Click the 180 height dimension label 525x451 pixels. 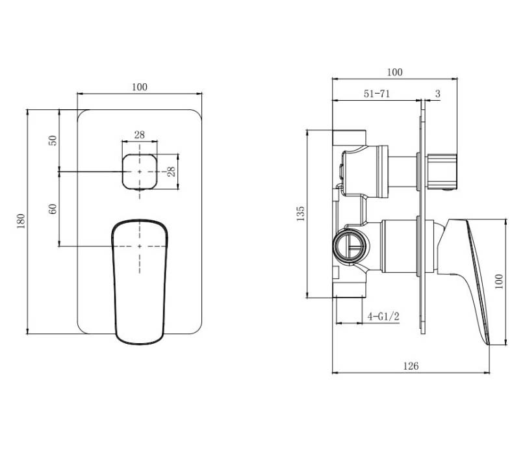[21, 222]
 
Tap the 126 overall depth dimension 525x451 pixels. [411, 366]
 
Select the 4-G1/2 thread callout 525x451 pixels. [383, 316]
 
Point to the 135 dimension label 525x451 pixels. [301, 214]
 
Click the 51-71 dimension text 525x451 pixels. [377, 94]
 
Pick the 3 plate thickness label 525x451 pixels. [438, 94]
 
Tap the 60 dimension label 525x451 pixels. [53, 209]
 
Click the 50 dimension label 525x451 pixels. [53, 140]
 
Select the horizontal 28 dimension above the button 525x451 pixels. [140, 135]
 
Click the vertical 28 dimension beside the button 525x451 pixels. [171, 172]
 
